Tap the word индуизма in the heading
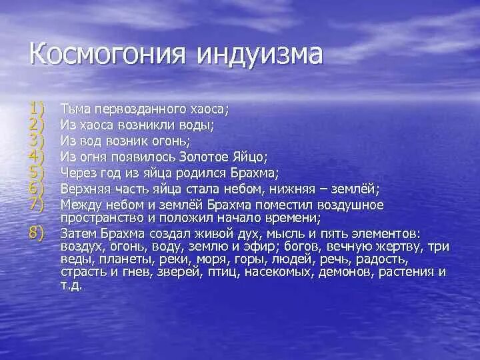260,54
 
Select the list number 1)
35,107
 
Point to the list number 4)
35,156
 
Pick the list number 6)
35,189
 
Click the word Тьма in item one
73,107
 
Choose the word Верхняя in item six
83,189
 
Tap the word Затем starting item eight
78,233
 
